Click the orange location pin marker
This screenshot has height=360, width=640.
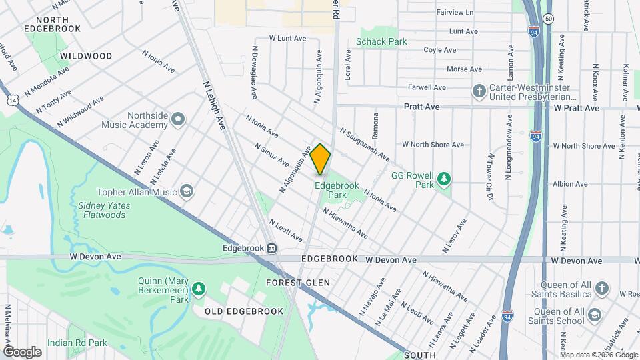coord(320,159)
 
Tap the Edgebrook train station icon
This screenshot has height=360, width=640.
coord(272,248)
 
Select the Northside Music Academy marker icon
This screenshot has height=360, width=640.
coord(177,119)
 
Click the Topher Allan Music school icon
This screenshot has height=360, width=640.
coord(187,192)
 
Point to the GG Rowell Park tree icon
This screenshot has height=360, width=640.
coord(443,179)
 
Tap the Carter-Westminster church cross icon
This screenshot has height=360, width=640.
coord(479,91)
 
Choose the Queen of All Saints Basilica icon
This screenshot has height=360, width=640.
coord(602,288)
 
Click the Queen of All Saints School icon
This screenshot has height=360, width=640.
coord(595,314)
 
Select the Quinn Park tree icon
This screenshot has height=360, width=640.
coord(198,289)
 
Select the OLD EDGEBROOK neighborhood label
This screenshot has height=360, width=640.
coord(244,311)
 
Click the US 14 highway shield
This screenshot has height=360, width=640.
coord(13,99)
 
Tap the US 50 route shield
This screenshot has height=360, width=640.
coord(547,19)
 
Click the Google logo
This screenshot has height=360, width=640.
coord(22,351)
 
